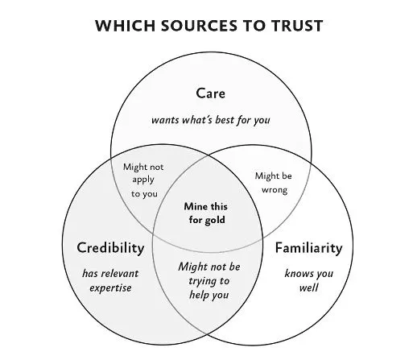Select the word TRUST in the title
tap(296, 26)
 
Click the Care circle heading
tap(210, 93)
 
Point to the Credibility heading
tap(110, 246)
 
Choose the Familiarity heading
tap(308, 247)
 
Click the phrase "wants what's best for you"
tap(210, 120)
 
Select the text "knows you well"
tap(308, 280)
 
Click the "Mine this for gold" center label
tap(207, 213)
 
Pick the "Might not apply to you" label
tap(142, 180)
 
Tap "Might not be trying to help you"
tap(208, 281)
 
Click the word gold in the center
tap(215, 220)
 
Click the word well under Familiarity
tap(308, 288)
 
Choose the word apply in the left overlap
tap(142, 180)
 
